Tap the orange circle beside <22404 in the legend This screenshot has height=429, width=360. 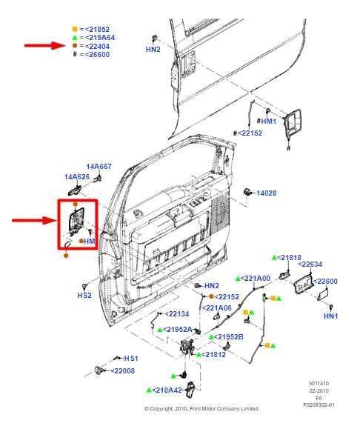[x=75, y=45]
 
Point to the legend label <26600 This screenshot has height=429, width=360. [x=96, y=54]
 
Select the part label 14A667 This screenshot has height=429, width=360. [x=99, y=167]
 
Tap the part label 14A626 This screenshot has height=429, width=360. [x=76, y=177]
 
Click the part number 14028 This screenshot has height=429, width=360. [x=266, y=193]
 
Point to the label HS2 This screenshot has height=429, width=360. [x=85, y=294]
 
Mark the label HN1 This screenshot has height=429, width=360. [x=330, y=316]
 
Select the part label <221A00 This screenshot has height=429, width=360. [x=256, y=278]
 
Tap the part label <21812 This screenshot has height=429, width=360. [x=213, y=354]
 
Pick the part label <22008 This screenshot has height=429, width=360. [x=122, y=370]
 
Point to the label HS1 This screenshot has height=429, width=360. [x=130, y=358]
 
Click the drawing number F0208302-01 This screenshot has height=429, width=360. [x=319, y=405]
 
